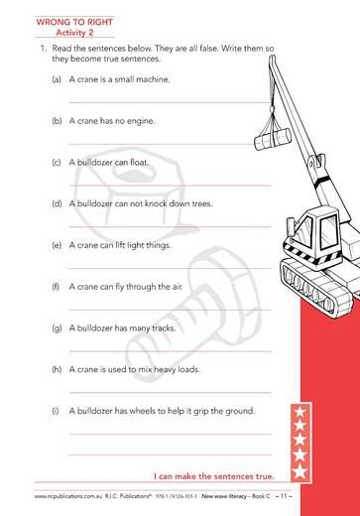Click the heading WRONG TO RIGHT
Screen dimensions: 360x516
(x=74, y=22)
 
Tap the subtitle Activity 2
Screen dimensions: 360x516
(x=74, y=33)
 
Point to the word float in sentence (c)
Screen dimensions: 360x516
(x=140, y=163)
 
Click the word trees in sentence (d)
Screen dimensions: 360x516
(x=202, y=203)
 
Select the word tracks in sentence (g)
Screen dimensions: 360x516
(x=164, y=328)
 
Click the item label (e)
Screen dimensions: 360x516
(x=57, y=245)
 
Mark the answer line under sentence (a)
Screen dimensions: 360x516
(x=170, y=103)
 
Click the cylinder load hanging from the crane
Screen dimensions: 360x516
(x=273, y=140)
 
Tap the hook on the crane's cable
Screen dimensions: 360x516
(x=272, y=109)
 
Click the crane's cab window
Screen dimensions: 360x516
(x=328, y=230)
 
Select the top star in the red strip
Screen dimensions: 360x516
(x=300, y=412)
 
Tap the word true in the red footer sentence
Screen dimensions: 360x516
(x=265, y=476)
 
